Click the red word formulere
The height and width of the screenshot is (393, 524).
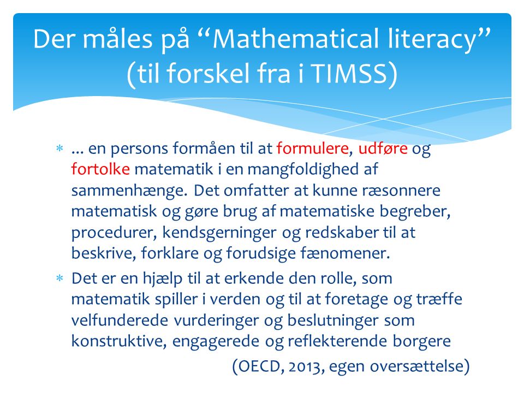312,148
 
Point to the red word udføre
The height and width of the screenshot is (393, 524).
383,148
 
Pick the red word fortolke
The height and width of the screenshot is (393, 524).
100,169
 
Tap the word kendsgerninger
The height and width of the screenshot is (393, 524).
219,233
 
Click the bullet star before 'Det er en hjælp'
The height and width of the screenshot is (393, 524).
59,278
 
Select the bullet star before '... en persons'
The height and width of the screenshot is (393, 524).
59,148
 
